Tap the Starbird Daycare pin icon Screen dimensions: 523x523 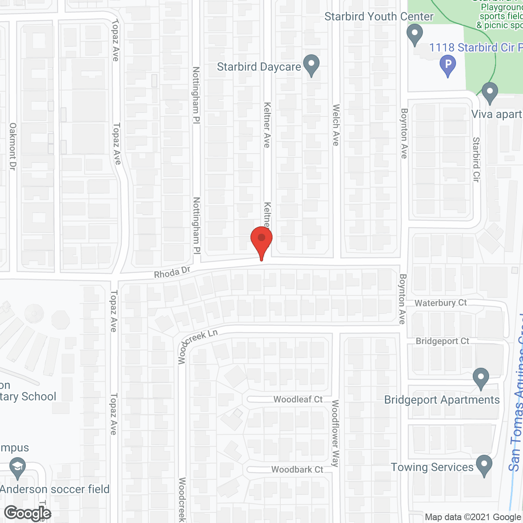tap(312, 65)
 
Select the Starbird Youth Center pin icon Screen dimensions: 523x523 tap(415, 34)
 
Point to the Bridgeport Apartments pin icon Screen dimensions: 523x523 tap(481, 378)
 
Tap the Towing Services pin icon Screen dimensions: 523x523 tap(484, 465)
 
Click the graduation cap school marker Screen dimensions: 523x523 tap(17, 468)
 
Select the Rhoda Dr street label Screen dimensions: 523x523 tap(172, 273)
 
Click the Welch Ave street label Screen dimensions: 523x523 tap(336, 125)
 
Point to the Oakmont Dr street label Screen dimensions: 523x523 tap(13, 147)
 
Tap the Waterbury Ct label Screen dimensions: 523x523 tap(440, 303)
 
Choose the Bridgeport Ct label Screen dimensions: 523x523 tap(442, 341)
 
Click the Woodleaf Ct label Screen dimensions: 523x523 tap(298, 399)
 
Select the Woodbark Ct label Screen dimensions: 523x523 tap(297, 469)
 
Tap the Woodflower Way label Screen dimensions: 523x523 tap(335, 433)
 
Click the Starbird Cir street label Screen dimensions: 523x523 tap(476, 159)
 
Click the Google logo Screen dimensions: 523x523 tap(28, 513)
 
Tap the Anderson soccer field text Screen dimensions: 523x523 tap(55, 489)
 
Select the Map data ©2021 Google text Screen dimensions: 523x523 tap(473, 517)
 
